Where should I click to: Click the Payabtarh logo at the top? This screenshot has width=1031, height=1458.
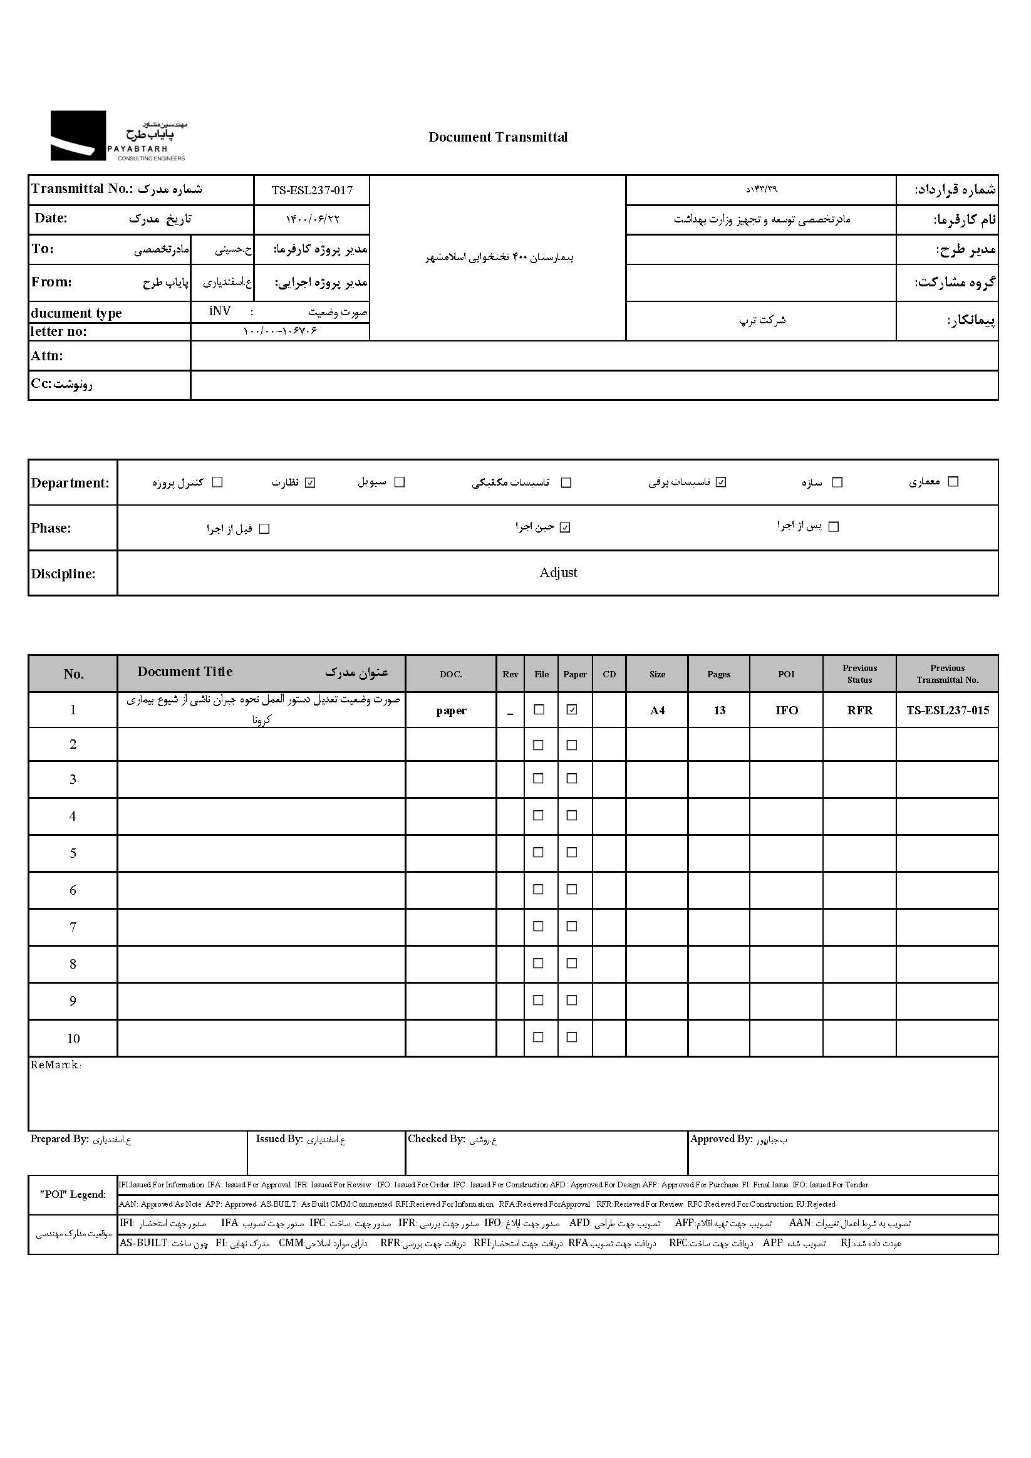click(118, 136)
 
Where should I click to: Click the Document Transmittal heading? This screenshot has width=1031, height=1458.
click(498, 137)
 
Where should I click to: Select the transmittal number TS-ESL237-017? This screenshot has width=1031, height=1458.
click(312, 190)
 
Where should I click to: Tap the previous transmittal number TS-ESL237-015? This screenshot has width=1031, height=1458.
click(947, 711)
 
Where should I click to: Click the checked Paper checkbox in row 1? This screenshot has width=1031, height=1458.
click(572, 710)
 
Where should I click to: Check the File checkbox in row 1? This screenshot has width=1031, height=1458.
click(539, 710)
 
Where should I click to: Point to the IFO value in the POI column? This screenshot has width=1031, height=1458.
click(786, 711)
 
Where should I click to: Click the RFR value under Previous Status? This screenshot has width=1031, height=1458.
click(859, 711)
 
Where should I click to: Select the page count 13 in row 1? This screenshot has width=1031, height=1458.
click(719, 711)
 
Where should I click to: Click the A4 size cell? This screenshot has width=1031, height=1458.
click(657, 711)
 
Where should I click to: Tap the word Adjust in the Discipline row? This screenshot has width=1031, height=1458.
click(558, 573)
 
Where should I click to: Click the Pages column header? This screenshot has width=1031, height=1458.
click(718, 674)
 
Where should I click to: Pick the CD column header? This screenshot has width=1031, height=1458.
click(609, 674)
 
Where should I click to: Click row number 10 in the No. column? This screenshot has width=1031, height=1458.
click(73, 1039)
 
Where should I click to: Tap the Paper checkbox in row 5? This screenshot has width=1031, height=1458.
click(572, 853)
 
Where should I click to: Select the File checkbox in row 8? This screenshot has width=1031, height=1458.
click(538, 963)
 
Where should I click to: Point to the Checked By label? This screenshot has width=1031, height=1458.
click(436, 1139)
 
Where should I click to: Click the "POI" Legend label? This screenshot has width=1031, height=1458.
click(73, 1194)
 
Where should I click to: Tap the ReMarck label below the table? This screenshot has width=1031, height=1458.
click(56, 1065)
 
